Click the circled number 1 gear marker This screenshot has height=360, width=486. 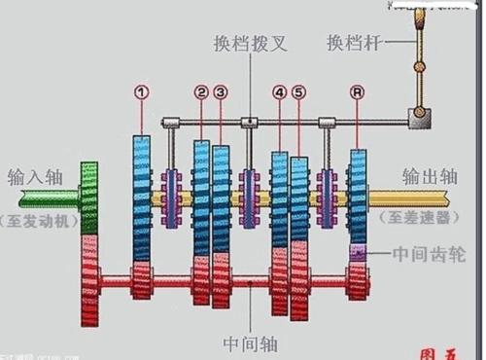tap(142, 92)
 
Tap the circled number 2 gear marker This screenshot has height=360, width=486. tap(200, 92)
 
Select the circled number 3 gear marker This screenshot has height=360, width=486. tap(221, 92)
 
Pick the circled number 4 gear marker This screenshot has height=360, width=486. tap(279, 92)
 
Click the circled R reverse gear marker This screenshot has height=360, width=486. tap(359, 92)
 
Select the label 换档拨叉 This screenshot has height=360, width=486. tap(251, 44)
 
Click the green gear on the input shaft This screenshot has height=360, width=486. tap(90, 198)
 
